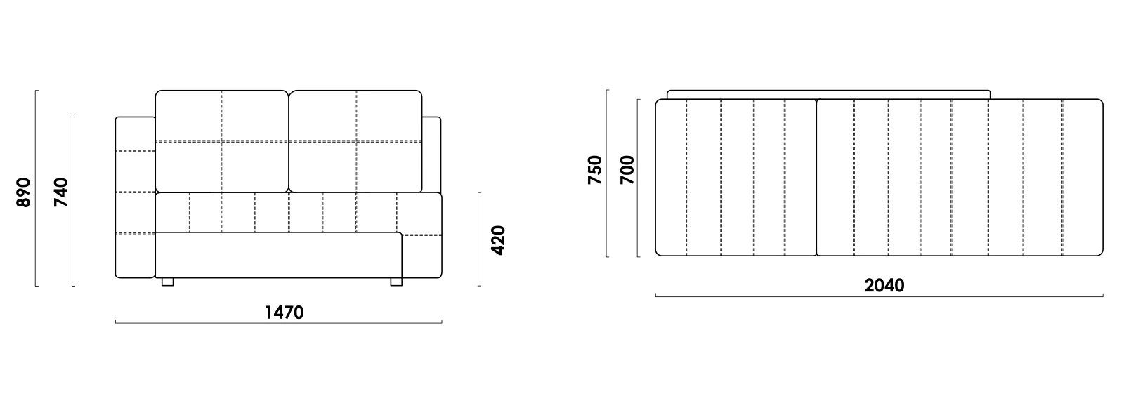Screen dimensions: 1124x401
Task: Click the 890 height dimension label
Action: click(x=24, y=192)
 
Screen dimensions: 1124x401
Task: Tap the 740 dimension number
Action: click(x=60, y=192)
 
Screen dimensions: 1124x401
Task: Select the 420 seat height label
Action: click(x=497, y=240)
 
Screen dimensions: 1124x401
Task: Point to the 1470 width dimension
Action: click(x=284, y=313)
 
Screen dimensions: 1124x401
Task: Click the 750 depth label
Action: click(x=594, y=170)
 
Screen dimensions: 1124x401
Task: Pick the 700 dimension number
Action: click(x=627, y=170)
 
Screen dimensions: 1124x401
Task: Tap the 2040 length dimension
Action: click(x=884, y=286)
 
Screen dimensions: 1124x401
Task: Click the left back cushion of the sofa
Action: click(x=222, y=141)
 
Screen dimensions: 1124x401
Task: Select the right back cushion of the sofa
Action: click(x=355, y=141)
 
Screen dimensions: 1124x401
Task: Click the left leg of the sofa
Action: click(x=168, y=282)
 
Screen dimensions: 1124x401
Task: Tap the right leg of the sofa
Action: click(x=396, y=282)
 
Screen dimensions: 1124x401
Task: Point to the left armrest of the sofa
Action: click(x=135, y=197)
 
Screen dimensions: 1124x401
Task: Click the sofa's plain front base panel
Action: click(x=279, y=255)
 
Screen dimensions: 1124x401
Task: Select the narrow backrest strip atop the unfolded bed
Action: click(x=828, y=95)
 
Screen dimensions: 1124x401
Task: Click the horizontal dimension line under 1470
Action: click(x=278, y=322)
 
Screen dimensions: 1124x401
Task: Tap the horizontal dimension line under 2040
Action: click(x=879, y=296)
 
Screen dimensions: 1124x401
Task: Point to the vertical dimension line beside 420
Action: click(x=481, y=239)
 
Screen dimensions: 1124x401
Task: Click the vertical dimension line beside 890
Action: click(x=36, y=188)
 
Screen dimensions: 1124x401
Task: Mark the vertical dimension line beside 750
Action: click(x=607, y=173)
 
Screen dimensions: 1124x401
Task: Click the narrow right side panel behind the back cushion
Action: click(x=431, y=155)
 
